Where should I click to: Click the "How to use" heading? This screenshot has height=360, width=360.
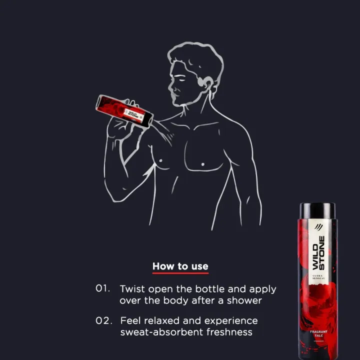click(180, 266)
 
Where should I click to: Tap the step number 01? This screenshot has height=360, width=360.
click(102, 288)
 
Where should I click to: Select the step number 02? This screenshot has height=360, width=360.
click(104, 320)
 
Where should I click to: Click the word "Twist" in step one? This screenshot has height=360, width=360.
click(132, 289)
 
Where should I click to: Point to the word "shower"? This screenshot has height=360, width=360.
click(244, 300)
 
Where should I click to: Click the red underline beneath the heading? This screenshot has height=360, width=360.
click(180, 273)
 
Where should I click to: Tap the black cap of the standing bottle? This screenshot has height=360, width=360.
click(317, 210)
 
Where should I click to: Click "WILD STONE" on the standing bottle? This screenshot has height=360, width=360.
click(318, 253)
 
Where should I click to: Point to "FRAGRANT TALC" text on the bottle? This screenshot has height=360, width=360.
click(318, 333)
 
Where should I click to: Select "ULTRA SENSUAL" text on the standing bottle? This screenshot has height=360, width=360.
click(318, 277)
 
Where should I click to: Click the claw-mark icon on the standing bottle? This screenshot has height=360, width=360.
click(318, 227)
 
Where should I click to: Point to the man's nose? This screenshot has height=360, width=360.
click(170, 86)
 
